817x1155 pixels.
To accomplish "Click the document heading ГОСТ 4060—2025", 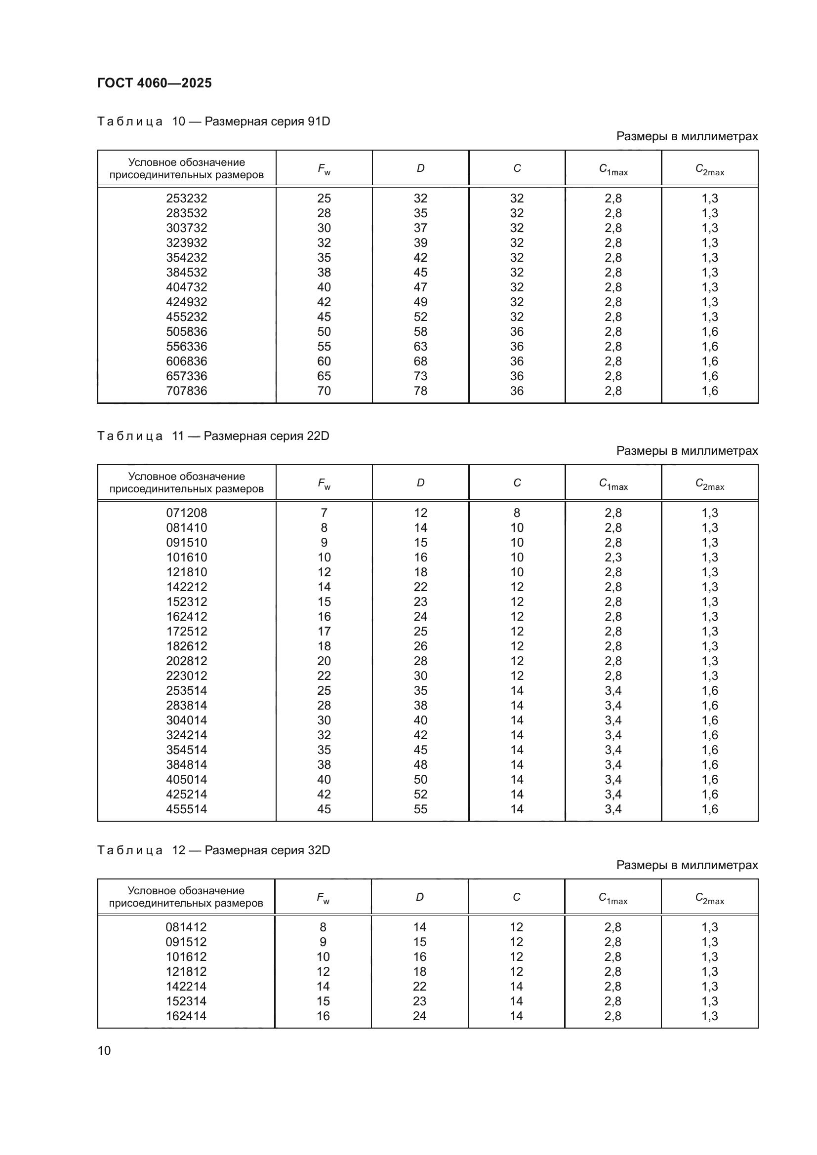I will (155, 83).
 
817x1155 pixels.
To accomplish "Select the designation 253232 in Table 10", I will (187, 198).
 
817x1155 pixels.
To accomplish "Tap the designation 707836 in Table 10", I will (187, 391).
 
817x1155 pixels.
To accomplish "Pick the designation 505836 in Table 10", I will (187, 331).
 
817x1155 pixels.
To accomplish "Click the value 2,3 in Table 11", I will (613, 558).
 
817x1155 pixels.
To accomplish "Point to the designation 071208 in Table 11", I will (187, 513).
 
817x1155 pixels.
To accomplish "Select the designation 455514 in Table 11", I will (187, 809).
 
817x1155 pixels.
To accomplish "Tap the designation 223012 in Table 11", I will (187, 676).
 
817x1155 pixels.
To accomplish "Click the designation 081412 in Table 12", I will (186, 927).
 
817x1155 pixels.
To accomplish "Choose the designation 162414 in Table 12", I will (186, 1016).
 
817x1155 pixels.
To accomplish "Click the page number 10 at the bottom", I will (104, 1051).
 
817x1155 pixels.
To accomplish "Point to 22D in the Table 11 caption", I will (318, 436).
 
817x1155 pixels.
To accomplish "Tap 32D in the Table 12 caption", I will (319, 850).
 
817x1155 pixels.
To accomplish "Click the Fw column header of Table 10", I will (324, 168).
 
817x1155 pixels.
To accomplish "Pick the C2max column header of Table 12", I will (709, 898).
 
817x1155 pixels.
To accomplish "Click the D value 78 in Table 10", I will (420, 391).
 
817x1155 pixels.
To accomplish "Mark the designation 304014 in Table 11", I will (187, 720).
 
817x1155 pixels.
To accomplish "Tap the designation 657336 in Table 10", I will (187, 376).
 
